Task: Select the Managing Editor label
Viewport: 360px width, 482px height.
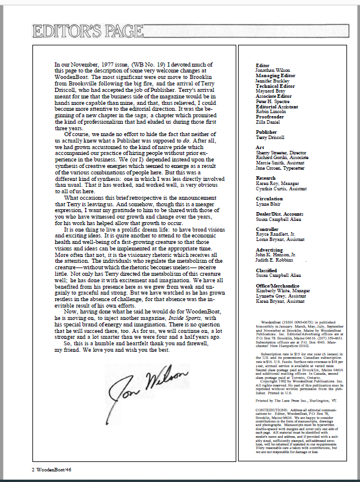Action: point(275,74)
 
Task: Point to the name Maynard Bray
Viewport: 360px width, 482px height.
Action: point(270,91)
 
